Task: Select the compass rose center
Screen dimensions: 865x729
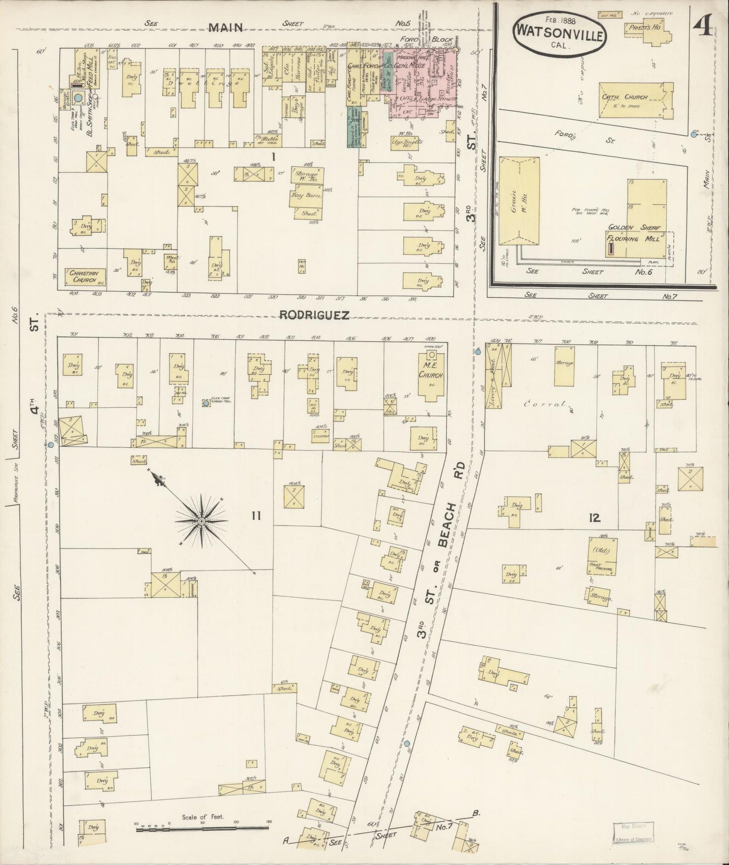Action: tap(201, 520)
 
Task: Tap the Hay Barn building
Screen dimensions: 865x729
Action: tap(306, 198)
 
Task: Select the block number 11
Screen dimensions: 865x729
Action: tap(256, 516)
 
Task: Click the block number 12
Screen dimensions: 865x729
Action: tap(594, 517)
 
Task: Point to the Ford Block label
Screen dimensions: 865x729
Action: tap(425, 40)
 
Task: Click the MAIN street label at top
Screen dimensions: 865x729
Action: tap(227, 28)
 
